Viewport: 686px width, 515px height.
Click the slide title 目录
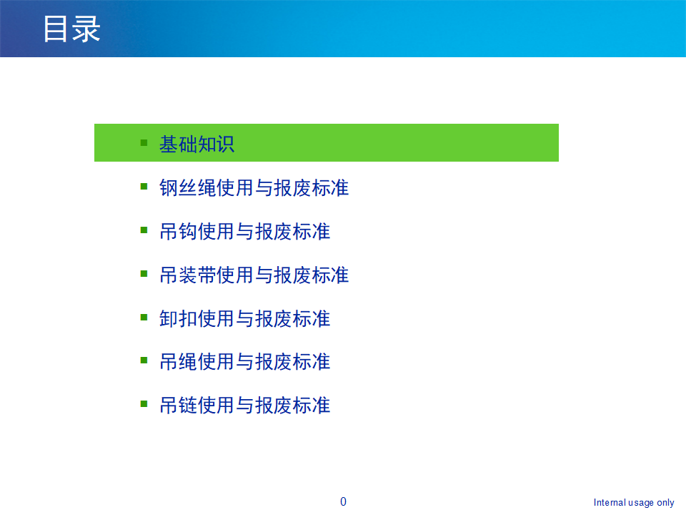[x=71, y=29]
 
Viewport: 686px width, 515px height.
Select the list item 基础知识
[x=197, y=144]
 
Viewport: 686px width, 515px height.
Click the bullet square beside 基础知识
[x=144, y=142]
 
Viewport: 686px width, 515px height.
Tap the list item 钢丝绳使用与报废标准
[x=254, y=188]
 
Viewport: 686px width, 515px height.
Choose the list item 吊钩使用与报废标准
[x=244, y=232]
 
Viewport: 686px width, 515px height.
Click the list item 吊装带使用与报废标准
[x=254, y=275]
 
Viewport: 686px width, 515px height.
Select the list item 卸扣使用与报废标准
[x=244, y=318]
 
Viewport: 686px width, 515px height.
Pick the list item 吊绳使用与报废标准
[x=244, y=362]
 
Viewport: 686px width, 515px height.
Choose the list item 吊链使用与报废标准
[x=244, y=406]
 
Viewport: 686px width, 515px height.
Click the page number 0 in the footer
[x=343, y=501]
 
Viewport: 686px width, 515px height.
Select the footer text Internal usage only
[x=634, y=503]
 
